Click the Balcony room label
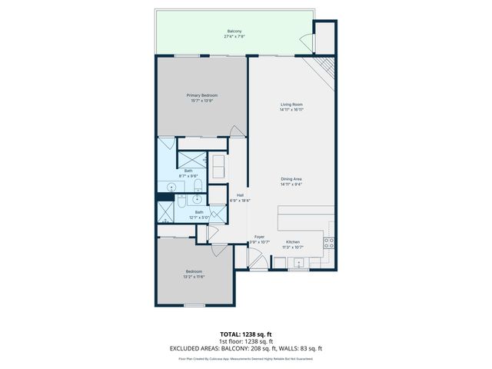[234, 32]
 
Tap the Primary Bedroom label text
[203, 95]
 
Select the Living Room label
[291, 105]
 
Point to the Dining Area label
[291, 179]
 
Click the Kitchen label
[292, 242]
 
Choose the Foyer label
[259, 238]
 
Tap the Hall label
[240, 195]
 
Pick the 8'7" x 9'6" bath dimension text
[188, 176]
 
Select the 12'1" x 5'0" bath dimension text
[198, 218]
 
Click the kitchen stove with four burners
[330, 244]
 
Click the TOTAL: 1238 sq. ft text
[245, 334]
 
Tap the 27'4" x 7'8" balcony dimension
[234, 37]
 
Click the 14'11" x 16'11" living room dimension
[291, 110]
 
